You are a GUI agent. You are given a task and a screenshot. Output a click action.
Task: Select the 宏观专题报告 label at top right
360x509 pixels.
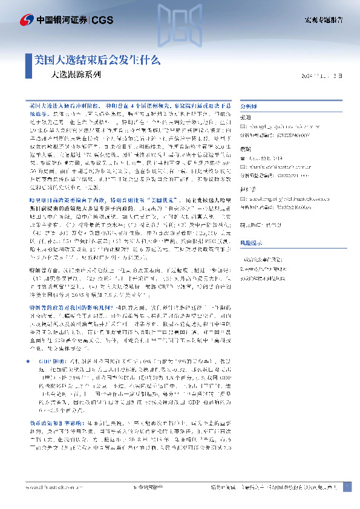click(x=324, y=20)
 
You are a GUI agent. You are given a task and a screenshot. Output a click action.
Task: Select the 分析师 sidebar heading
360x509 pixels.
click(x=249, y=104)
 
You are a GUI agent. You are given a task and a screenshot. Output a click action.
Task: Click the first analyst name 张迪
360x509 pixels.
click(x=246, y=116)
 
